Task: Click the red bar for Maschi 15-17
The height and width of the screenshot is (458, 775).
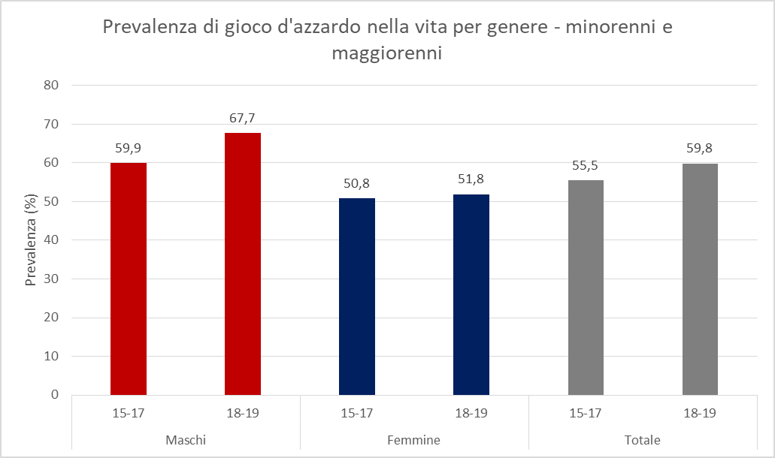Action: point(129,279)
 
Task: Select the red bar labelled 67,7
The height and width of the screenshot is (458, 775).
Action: point(243,264)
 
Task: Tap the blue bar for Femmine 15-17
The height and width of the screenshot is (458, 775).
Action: point(357,297)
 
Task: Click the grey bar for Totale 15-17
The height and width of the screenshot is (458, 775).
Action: point(586,288)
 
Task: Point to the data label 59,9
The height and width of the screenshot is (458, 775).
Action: point(129,148)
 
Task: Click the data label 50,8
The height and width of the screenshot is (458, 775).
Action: point(357,183)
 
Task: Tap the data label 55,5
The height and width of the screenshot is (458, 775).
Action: point(586,165)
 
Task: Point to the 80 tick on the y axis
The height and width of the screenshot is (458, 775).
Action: point(51,85)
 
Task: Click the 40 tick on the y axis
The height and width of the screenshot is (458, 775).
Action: point(51,240)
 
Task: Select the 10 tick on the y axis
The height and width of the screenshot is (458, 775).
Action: point(51,356)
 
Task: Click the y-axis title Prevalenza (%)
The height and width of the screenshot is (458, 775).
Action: point(31,240)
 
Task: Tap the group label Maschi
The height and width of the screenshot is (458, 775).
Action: point(186,439)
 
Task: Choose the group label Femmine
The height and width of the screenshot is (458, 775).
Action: point(414,439)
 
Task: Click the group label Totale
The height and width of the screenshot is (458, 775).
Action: point(643,439)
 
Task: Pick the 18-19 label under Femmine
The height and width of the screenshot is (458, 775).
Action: point(471,413)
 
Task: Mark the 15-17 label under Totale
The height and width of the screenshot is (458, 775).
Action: point(586,413)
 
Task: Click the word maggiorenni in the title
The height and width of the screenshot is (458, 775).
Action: point(387,55)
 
